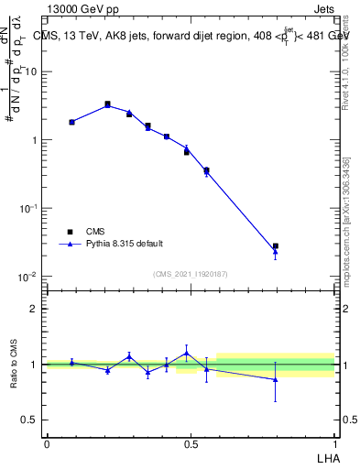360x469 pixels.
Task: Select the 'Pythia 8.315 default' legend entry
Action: click(x=124, y=244)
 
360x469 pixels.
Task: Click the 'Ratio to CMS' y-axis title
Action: click(x=14, y=365)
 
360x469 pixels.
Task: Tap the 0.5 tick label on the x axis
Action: click(x=191, y=443)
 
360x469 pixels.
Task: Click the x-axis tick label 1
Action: click(x=335, y=443)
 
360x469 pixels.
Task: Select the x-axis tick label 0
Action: click(x=47, y=443)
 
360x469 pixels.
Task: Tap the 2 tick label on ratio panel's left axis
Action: click(x=34, y=309)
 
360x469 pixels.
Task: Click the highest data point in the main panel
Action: click(x=108, y=104)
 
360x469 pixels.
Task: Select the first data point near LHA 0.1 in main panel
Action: click(x=71, y=122)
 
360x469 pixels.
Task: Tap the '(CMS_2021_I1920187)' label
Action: click(x=191, y=272)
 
